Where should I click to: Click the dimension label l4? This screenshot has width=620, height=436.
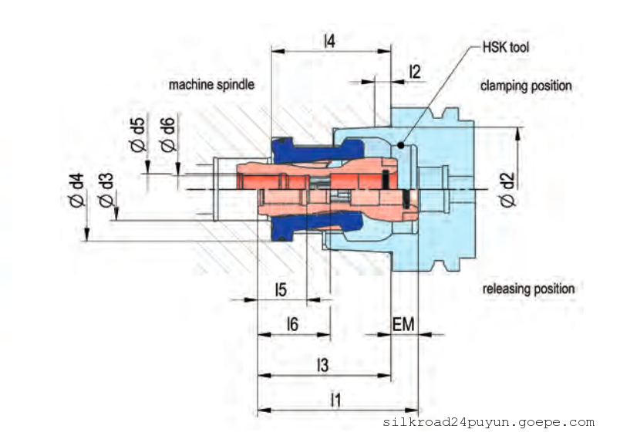[x=329, y=41]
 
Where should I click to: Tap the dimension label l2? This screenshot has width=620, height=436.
[x=415, y=72]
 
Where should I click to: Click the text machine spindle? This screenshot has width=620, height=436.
[x=211, y=85]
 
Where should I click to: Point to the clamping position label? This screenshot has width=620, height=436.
[x=526, y=85]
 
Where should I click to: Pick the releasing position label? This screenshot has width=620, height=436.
[x=528, y=289]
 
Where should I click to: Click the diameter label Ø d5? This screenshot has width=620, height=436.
[x=138, y=134]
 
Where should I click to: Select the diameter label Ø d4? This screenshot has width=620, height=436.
[x=76, y=193]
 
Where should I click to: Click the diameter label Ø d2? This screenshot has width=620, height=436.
[x=507, y=190]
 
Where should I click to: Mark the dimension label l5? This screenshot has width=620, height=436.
[x=281, y=289]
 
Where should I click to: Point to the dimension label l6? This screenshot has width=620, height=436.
[x=292, y=325]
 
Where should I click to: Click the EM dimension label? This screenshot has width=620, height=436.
[x=403, y=325]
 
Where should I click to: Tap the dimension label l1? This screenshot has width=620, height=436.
[x=335, y=400]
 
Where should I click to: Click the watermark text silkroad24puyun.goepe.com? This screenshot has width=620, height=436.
[x=488, y=422]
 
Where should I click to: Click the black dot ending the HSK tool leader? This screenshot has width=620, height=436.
[x=400, y=144]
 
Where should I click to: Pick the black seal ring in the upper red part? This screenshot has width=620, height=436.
[x=383, y=179]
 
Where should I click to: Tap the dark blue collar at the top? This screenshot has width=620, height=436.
[x=282, y=147]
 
